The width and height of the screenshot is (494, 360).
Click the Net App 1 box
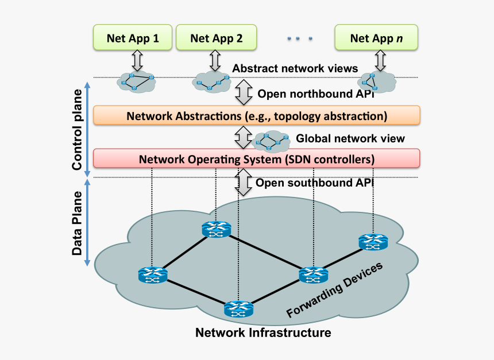pyautogui.click(x=133, y=38)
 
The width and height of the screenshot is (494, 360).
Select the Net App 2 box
pyautogui.click(x=216, y=38)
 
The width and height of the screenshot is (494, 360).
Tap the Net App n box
pyautogui.click(x=376, y=38)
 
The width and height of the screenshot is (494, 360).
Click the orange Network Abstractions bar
pyautogui.click(x=257, y=116)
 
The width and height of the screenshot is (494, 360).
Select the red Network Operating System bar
pyautogui.click(x=257, y=158)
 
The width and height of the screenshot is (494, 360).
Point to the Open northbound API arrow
pyautogui.click(x=244, y=93)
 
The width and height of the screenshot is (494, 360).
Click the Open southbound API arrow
pyautogui.click(x=244, y=183)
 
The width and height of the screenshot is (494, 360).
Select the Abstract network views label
pyautogui.click(x=295, y=69)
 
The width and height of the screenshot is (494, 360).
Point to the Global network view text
pyautogui.click(x=350, y=138)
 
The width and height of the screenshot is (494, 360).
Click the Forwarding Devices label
pyautogui.click(x=334, y=290)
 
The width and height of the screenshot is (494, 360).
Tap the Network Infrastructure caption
pyautogui.click(x=263, y=332)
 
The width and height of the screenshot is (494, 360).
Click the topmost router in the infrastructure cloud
pyautogui.click(x=216, y=230)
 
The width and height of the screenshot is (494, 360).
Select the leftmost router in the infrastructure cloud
pyautogui.click(x=152, y=276)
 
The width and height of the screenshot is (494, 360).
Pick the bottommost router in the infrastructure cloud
pyautogui.click(x=238, y=309)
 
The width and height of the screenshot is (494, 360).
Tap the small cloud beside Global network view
pyautogui.click(x=271, y=141)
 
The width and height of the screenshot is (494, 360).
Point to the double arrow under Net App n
pyautogui.click(x=380, y=59)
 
